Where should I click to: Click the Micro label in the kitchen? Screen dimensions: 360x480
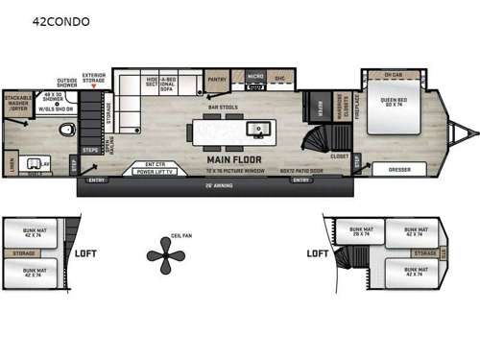point(254,74)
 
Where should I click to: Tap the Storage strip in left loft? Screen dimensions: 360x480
point(25,253)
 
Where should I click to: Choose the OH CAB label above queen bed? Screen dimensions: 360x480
point(393,75)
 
